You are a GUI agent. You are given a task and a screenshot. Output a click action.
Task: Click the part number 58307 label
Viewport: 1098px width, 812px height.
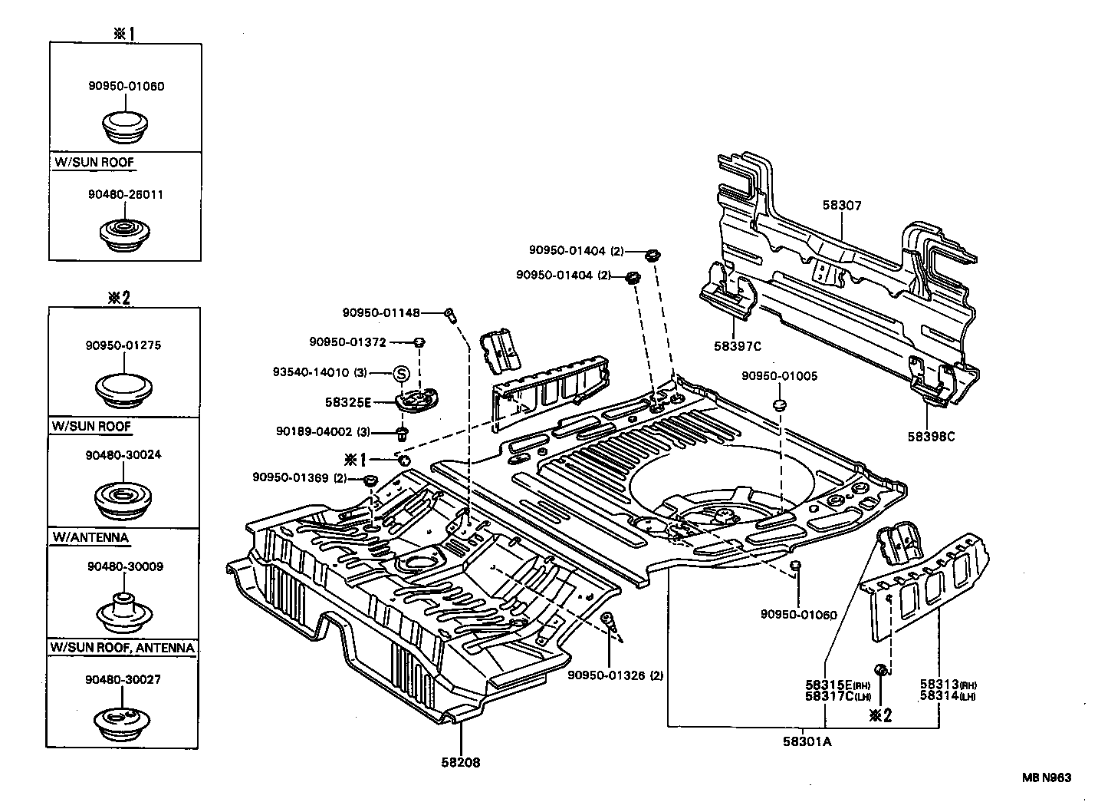(x=842, y=206)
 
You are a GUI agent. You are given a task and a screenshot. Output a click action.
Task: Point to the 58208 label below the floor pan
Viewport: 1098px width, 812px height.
(x=460, y=762)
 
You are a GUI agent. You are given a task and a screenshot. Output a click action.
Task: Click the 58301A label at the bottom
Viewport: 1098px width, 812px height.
(x=807, y=741)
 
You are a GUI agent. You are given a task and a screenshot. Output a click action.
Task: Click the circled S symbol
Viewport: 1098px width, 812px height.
(x=402, y=374)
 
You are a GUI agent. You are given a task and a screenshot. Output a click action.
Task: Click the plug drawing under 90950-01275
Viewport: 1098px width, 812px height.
(x=124, y=389)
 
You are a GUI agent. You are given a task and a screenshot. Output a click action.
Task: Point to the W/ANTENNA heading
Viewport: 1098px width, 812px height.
(x=90, y=537)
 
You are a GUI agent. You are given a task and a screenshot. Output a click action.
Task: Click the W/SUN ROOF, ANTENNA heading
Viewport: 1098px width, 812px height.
(x=123, y=647)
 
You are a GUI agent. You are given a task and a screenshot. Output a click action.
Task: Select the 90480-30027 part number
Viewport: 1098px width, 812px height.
(x=124, y=679)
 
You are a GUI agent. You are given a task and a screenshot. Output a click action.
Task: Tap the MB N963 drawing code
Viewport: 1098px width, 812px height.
(x=1045, y=777)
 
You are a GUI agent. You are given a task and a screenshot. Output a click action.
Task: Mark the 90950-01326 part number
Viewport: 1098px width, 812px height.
(x=607, y=675)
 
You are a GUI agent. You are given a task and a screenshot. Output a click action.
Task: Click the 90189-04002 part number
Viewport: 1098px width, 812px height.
(x=315, y=431)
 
